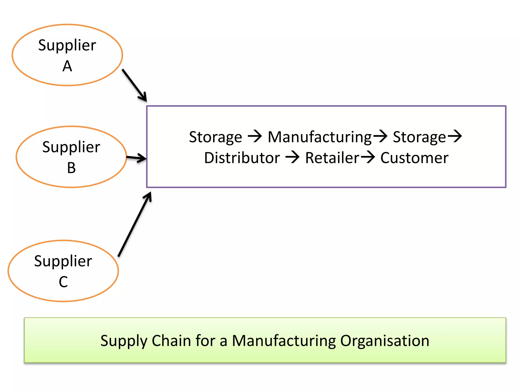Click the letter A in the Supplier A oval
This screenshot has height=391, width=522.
click(x=67, y=66)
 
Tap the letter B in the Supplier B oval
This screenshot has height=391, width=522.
click(x=71, y=168)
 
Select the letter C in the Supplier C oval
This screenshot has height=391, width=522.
click(x=63, y=282)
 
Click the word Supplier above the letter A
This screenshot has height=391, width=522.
click(x=67, y=45)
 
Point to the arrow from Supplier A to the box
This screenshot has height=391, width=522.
click(x=134, y=85)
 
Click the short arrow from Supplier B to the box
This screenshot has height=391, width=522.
click(x=136, y=158)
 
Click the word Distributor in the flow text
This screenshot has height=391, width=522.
click(x=242, y=158)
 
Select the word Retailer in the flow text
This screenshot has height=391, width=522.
click(x=332, y=158)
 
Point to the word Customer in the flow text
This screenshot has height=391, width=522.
click(x=414, y=158)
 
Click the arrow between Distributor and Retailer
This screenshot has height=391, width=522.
click(x=292, y=157)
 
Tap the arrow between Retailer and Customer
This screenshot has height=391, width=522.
click(x=368, y=157)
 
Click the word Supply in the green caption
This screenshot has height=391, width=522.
click(x=124, y=341)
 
